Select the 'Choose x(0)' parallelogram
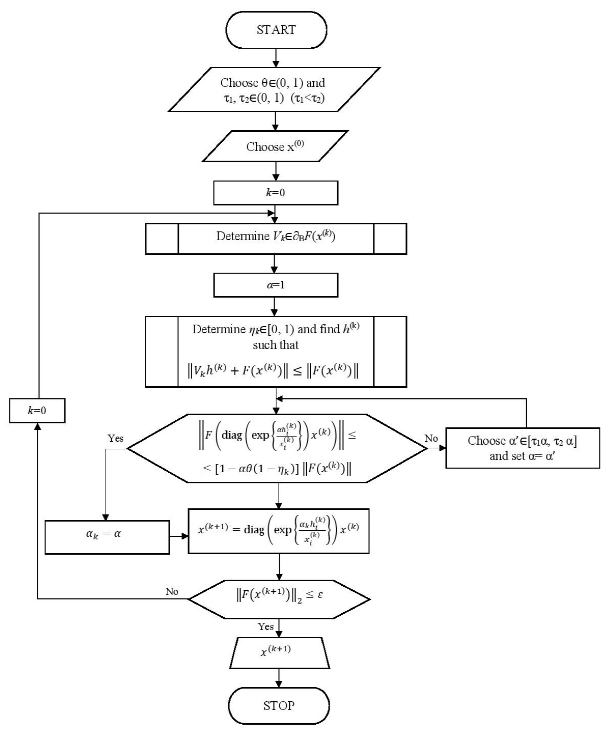click(275, 147)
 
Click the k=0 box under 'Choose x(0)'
click(275, 193)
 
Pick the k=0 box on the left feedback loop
click(37, 411)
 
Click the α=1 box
click(275, 285)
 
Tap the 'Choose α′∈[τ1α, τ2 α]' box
click(522, 448)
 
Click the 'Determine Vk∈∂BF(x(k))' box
click(276, 238)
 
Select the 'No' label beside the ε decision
click(172, 591)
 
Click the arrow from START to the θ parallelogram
click(276, 58)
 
